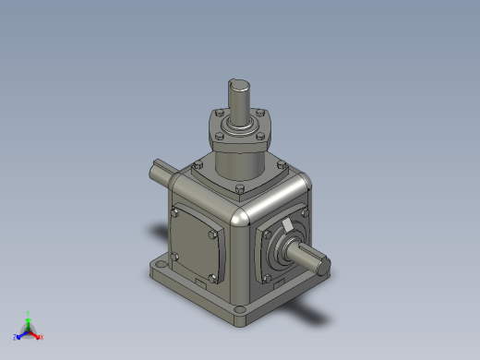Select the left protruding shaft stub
159,173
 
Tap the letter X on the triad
42,337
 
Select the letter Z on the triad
14,337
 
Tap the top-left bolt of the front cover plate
174,214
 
